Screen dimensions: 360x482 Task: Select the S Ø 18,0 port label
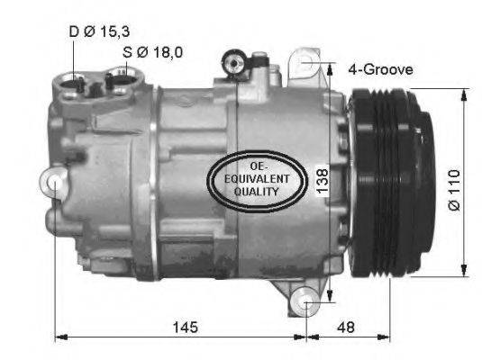153,51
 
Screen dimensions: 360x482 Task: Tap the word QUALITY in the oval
257,192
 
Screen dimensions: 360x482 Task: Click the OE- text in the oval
257,166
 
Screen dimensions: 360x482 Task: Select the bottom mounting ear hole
309,301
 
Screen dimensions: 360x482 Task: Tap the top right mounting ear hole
309,61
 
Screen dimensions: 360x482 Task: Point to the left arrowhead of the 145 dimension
59,338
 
